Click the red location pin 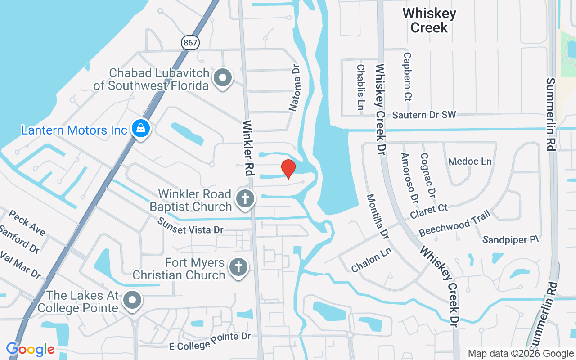pyautogui.click(x=288, y=169)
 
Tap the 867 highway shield pyautogui.click(x=190, y=43)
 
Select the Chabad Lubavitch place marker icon pyautogui.click(x=222, y=78)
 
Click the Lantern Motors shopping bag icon pyautogui.click(x=141, y=129)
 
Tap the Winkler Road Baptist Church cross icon pyautogui.click(x=246, y=198)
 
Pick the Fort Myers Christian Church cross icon pyautogui.click(x=238, y=267)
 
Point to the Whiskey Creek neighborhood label pyautogui.click(x=429, y=20)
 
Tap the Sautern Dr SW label pyautogui.click(x=424, y=115)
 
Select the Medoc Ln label pyautogui.click(x=470, y=162)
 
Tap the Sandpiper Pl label pyautogui.click(x=510, y=240)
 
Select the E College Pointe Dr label pyautogui.click(x=209, y=341)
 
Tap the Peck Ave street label pyautogui.click(x=27, y=222)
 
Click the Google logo pyautogui.click(x=30, y=349)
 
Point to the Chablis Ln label pyautogui.click(x=360, y=87)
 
